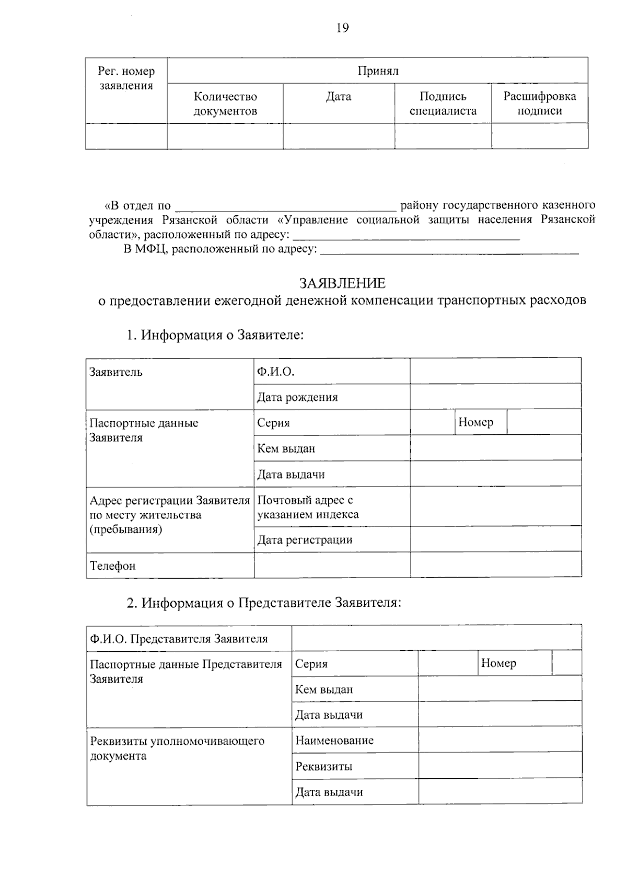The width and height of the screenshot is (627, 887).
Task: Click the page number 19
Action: [x=342, y=28]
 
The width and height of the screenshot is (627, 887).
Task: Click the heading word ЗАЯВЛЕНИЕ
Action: [x=342, y=283]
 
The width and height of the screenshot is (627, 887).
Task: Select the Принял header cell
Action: [x=378, y=71]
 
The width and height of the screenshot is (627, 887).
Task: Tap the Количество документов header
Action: [x=225, y=103]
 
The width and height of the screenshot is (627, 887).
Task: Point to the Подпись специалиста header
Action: [x=443, y=103]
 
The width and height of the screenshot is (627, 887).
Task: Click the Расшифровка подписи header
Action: [x=539, y=103]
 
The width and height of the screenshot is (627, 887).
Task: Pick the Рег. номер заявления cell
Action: [x=126, y=78]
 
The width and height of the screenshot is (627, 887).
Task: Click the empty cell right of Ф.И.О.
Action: [x=495, y=372]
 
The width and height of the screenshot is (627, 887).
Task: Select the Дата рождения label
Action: [x=297, y=397]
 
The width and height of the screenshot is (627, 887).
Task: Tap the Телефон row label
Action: [x=113, y=566]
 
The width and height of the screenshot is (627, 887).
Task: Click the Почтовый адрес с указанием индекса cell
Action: [x=308, y=507]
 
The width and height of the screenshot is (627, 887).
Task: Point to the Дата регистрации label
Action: [x=305, y=540]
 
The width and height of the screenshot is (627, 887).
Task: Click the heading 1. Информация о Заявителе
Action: [x=215, y=335]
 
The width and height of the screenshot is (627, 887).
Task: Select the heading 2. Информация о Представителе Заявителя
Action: [x=264, y=603]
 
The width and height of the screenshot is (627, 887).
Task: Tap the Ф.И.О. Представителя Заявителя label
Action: [x=179, y=639]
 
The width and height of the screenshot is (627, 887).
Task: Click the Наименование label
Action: [x=334, y=740]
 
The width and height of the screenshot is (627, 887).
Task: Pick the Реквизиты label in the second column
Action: [x=323, y=767]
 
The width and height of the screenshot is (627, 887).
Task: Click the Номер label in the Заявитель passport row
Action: [x=475, y=422]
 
